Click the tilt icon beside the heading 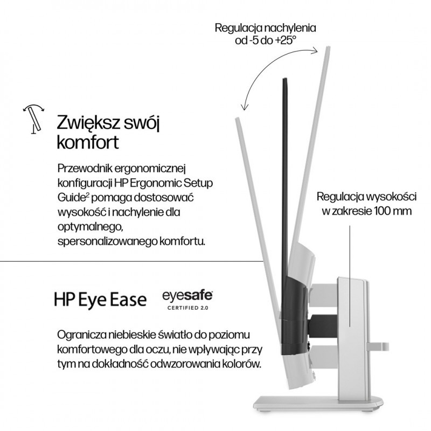point(33,118)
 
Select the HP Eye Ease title point(100,299)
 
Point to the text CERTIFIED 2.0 point(187,308)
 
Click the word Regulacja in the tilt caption point(237,27)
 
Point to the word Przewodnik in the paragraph point(85,169)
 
